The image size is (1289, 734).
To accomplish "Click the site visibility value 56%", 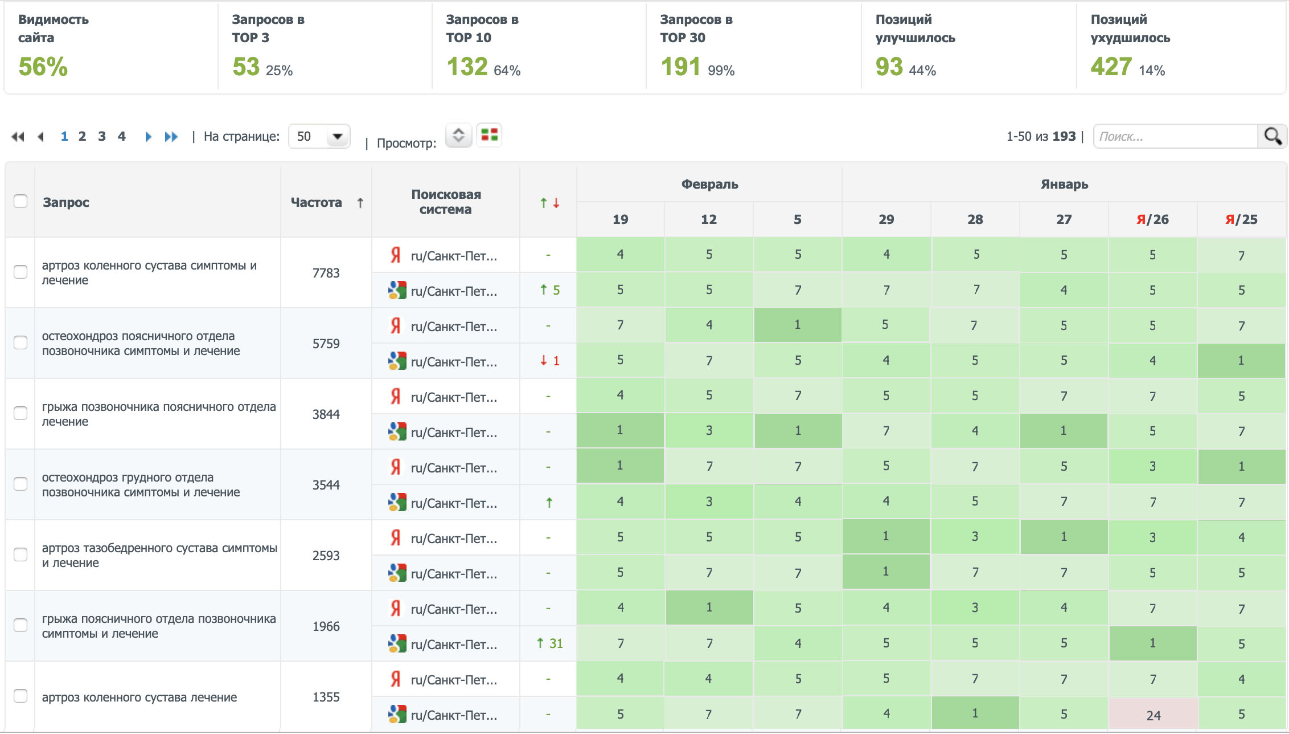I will (43, 67).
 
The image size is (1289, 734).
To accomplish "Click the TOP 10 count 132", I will (467, 67).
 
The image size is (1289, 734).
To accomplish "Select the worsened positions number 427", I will (1111, 67).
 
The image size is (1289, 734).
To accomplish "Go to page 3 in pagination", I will (102, 137).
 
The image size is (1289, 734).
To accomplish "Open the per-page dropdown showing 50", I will (319, 137).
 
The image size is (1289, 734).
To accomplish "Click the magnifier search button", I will (1272, 137).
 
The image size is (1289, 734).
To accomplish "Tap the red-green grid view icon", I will (489, 135).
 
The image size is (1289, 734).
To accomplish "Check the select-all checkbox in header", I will (20, 201).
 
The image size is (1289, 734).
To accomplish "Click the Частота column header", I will (317, 202).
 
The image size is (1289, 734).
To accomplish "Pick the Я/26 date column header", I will (1152, 219).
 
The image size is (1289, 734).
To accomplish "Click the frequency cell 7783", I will (326, 273).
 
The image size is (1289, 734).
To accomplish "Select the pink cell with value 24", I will (1153, 715).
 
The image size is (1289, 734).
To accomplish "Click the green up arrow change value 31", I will (550, 643).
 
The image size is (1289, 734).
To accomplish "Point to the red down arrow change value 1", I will (550, 361).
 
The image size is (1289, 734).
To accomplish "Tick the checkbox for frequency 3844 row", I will (20, 413).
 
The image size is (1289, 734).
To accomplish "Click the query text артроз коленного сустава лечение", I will (139, 697).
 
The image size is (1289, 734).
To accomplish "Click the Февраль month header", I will (709, 184).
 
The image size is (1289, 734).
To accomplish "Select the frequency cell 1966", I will (326, 626).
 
